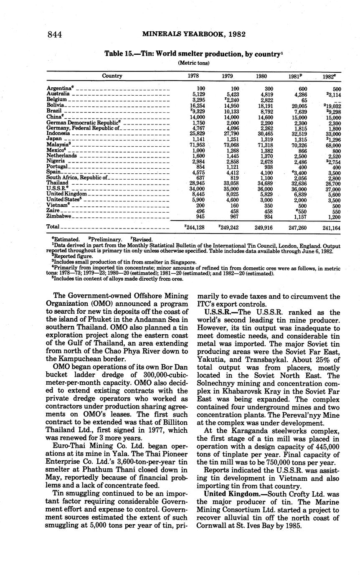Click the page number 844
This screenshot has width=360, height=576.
point(55,35)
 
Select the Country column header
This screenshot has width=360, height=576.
point(112,76)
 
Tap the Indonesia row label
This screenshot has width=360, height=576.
point(58,133)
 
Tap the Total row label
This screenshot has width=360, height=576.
point(53,226)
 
